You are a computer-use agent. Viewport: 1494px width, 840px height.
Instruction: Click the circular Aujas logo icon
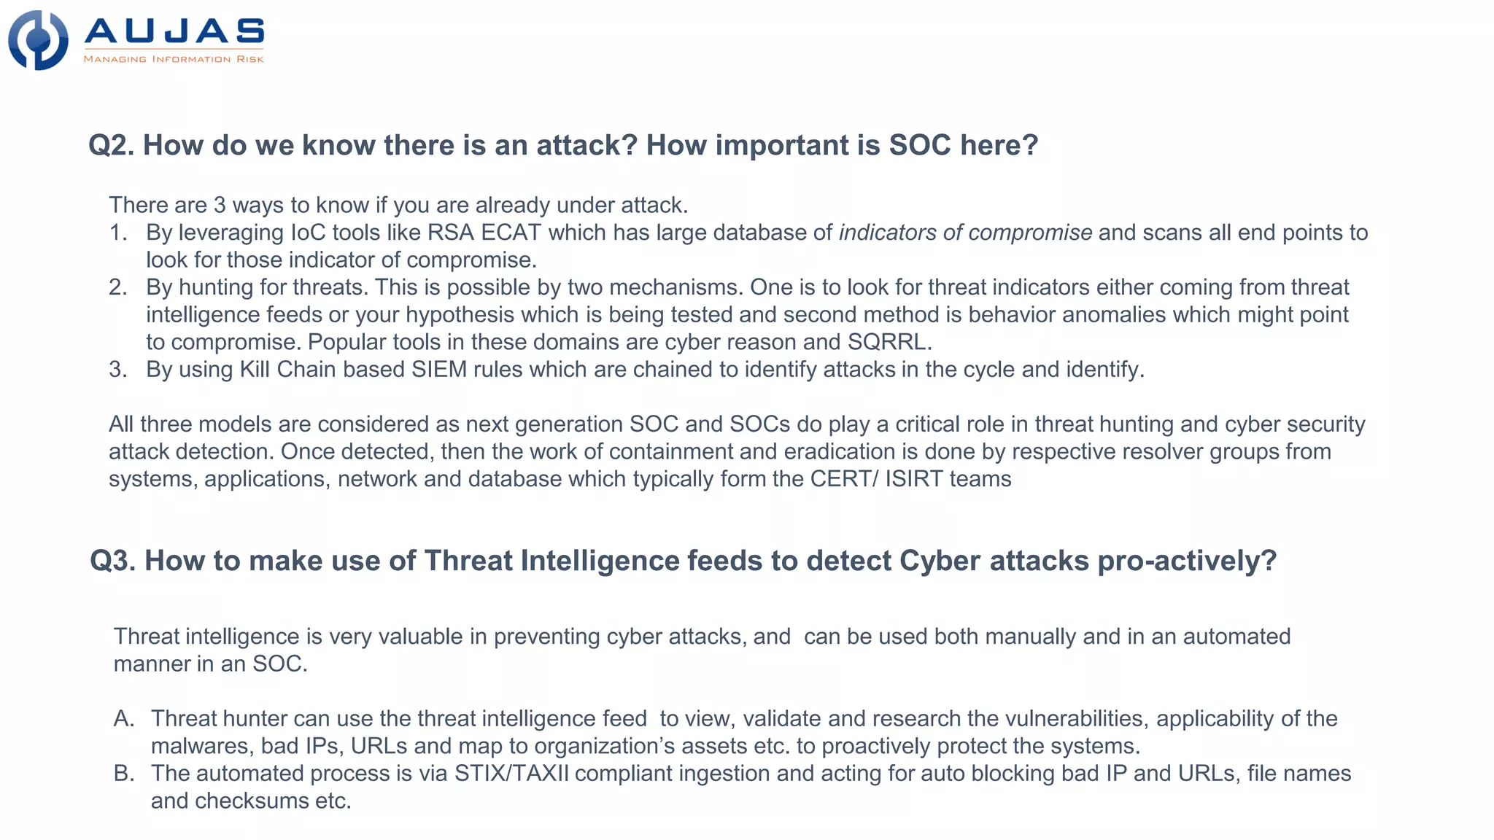click(38, 40)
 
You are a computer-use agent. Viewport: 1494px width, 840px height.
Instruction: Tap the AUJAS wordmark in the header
click(174, 31)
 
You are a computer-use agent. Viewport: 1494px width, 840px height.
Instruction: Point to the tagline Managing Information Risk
click(174, 59)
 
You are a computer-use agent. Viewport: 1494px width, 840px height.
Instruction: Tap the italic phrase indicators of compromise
click(965, 233)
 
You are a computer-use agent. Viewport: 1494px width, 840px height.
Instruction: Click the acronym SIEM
click(439, 370)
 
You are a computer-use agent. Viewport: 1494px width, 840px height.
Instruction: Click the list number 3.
click(117, 370)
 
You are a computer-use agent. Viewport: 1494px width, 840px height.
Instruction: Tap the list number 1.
click(117, 233)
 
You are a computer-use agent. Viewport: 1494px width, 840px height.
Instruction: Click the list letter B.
click(123, 774)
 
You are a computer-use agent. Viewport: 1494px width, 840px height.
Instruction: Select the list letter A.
click(123, 719)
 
